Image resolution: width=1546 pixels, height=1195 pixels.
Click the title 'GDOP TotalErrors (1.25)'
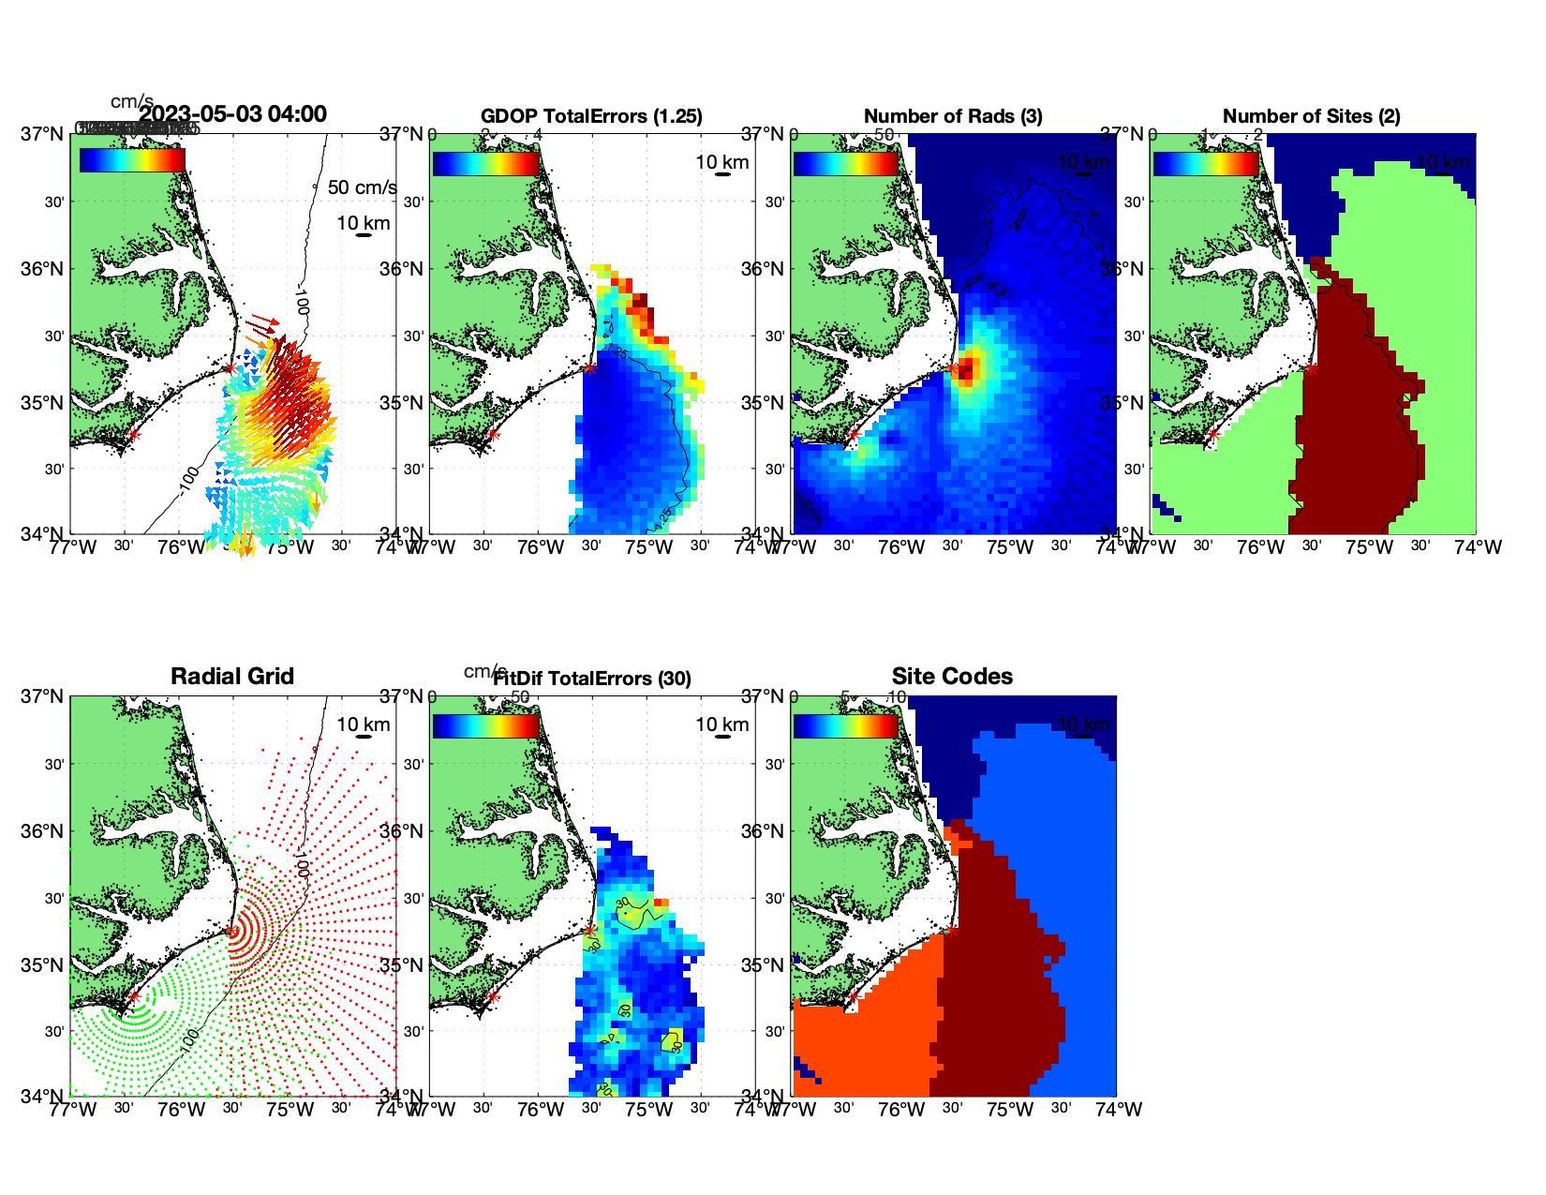coord(591,116)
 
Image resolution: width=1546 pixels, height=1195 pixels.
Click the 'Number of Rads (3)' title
coord(953,116)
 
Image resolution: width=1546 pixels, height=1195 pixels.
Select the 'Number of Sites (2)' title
coord(1311,116)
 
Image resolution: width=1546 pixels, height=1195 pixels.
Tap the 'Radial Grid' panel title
coord(232,677)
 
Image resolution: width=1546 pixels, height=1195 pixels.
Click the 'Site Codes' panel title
coord(952,677)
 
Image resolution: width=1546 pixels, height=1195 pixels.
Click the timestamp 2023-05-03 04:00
coord(233,114)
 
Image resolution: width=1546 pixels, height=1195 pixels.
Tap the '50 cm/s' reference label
coord(362,187)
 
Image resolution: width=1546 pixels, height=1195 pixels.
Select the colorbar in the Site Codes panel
coord(845,726)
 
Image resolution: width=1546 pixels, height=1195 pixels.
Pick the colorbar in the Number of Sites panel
coord(1205,164)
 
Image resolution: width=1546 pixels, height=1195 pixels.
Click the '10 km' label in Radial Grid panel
coord(363,724)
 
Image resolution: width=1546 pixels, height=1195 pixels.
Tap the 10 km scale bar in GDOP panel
coord(722,174)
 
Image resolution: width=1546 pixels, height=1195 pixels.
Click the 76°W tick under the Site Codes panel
coord(902,1110)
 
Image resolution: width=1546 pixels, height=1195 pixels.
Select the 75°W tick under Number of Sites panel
coord(1370,547)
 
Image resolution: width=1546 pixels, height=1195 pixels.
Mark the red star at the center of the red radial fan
coord(230,931)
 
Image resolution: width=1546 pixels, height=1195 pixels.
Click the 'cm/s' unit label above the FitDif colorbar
coord(484,671)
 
